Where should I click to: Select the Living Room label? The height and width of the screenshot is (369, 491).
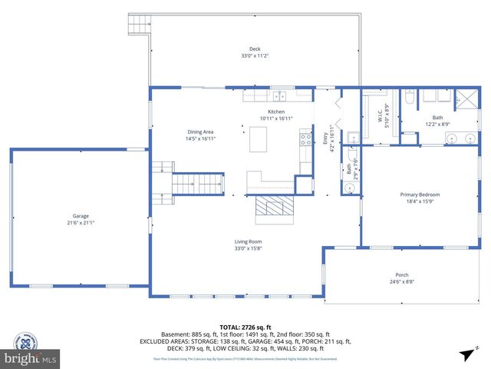point(249,242)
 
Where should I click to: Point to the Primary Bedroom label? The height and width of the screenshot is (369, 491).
point(420,194)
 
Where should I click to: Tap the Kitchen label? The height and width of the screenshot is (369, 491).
point(276,111)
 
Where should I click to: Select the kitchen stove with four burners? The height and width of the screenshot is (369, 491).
point(305,140)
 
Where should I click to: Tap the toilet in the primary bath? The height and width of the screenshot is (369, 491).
point(409,99)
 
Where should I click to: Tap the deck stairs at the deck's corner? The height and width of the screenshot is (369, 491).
point(139,25)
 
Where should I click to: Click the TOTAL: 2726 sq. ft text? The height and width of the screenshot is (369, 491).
point(245,327)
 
